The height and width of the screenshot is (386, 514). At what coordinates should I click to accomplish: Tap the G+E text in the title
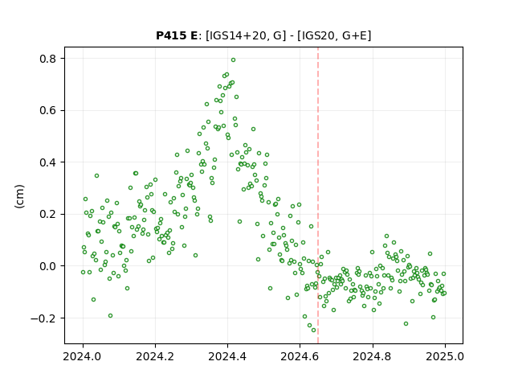pyautogui.click(x=354, y=35)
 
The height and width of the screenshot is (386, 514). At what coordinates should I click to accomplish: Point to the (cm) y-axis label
pyautogui.click(x=19, y=196)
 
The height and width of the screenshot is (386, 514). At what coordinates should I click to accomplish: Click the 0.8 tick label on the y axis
pyautogui.click(x=48, y=59)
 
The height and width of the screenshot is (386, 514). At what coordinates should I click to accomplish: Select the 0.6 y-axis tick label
pyautogui.click(x=48, y=111)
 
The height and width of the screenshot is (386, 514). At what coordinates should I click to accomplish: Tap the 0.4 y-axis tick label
pyautogui.click(x=48, y=162)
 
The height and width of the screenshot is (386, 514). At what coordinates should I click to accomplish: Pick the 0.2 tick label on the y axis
pyautogui.click(x=48, y=215)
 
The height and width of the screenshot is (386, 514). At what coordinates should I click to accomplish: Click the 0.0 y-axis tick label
pyautogui.click(x=48, y=266)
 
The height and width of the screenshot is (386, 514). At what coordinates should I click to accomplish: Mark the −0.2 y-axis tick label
pyautogui.click(x=43, y=318)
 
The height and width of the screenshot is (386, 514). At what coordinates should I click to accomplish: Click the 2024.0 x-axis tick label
pyautogui.click(x=83, y=356)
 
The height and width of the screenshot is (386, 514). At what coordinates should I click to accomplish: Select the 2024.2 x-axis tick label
pyautogui.click(x=155, y=356)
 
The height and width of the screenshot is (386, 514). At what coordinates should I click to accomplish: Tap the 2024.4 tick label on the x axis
pyautogui.click(x=227, y=356)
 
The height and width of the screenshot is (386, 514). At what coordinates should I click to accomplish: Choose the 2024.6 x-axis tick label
pyautogui.click(x=300, y=356)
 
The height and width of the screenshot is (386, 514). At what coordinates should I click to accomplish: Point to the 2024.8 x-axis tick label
pyautogui.click(x=372, y=356)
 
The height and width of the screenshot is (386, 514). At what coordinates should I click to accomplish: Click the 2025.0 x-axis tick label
pyautogui.click(x=445, y=356)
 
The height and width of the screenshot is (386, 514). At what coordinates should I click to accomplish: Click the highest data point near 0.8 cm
pyautogui.click(x=234, y=60)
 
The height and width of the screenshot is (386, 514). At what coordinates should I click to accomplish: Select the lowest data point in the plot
pyautogui.click(x=314, y=331)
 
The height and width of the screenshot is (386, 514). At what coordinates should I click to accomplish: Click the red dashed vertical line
pyautogui.click(x=318, y=195)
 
